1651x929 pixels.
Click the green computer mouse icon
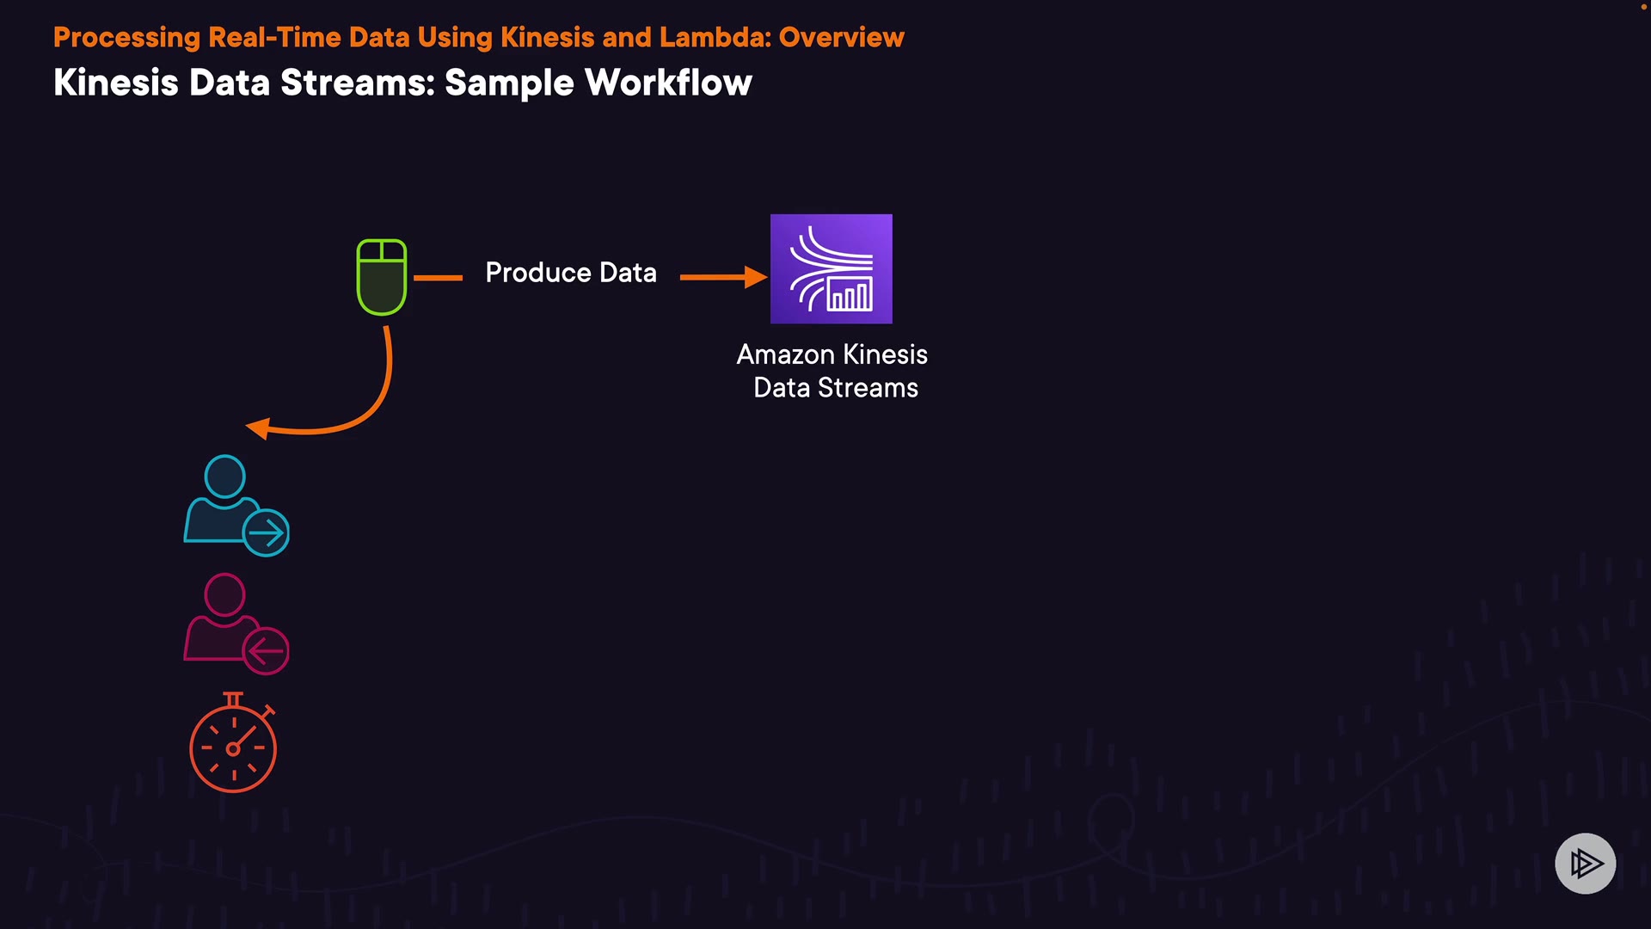coord(382,277)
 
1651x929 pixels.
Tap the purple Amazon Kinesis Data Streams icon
coord(831,268)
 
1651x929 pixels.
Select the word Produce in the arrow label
coord(538,273)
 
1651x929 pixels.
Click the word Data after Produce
coord(628,273)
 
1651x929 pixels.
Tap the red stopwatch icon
coord(233,745)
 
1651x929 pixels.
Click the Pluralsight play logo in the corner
coord(1585,863)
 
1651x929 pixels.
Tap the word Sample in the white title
coord(509,83)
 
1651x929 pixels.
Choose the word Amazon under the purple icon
coord(785,354)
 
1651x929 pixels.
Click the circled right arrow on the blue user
coord(266,533)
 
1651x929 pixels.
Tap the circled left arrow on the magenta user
coord(266,651)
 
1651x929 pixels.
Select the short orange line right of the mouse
coord(438,278)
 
